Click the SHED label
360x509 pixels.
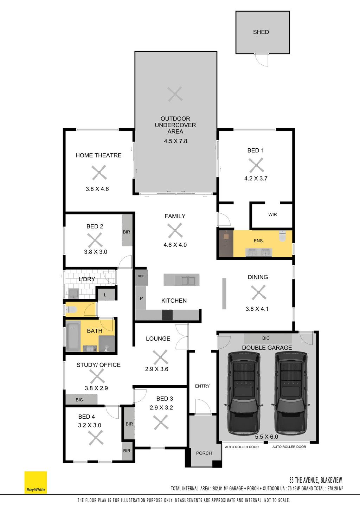coord(261,32)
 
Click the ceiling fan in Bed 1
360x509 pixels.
coord(256,165)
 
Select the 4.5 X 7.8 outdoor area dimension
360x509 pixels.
coord(175,141)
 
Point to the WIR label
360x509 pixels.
coord(272,214)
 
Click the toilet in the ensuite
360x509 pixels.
coord(282,236)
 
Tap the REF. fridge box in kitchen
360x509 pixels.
coord(141,277)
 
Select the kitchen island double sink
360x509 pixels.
coord(188,281)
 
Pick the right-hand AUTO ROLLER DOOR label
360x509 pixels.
coord(289,447)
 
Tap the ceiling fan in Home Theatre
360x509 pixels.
coord(99,173)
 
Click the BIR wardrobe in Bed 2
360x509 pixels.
coord(127,230)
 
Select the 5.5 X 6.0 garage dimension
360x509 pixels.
coord(266,437)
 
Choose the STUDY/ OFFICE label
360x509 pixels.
coord(98,365)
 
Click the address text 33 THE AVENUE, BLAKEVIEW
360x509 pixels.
coord(315,480)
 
